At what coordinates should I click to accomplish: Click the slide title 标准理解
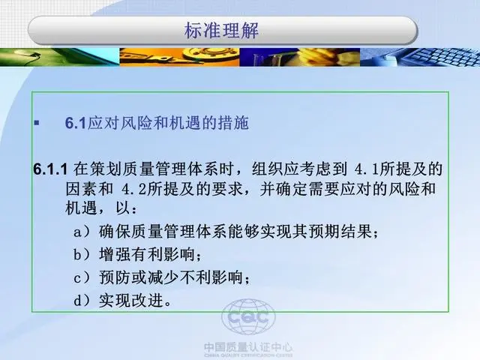pyautogui.click(x=221, y=31)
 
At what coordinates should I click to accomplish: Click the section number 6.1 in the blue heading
pyautogui.click(x=75, y=123)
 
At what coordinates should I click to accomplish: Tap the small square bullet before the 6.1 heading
pyautogui.click(x=37, y=123)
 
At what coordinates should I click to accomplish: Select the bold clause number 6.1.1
pyautogui.click(x=50, y=169)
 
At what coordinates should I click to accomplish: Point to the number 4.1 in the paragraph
pyautogui.click(x=367, y=169)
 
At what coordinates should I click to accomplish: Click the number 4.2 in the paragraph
pyautogui.click(x=134, y=190)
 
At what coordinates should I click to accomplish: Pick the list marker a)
pyautogui.click(x=82, y=232)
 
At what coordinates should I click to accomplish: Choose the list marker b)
pyautogui.click(x=82, y=254)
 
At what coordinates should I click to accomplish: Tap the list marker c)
pyautogui.click(x=82, y=277)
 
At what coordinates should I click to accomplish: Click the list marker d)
pyautogui.click(x=82, y=301)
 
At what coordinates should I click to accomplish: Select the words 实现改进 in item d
pyautogui.click(x=131, y=300)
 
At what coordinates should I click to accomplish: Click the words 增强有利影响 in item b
pyautogui.click(x=147, y=254)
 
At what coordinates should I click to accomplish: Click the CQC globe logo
pyautogui.click(x=248, y=317)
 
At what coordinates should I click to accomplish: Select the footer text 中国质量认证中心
pyautogui.click(x=248, y=347)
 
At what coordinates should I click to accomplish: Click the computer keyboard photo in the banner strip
pyautogui.click(x=420, y=57)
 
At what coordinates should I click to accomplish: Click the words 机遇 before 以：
pyautogui.click(x=81, y=208)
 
